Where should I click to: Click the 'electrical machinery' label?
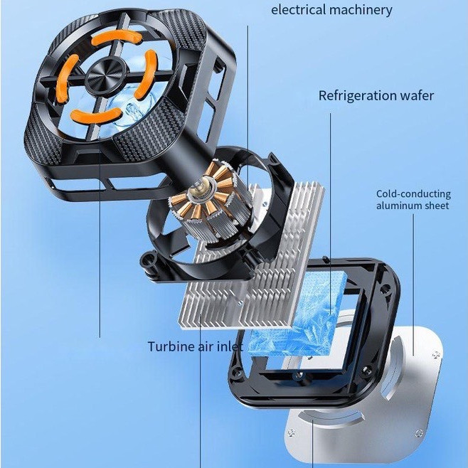tap(331, 10)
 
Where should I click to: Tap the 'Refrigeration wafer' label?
tap(376, 96)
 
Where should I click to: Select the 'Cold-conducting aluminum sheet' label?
tap(413, 200)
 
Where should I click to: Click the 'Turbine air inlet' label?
tap(196, 346)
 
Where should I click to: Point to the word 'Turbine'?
tap(171, 346)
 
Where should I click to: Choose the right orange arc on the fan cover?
tap(147, 74)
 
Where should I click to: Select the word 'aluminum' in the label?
tap(399, 206)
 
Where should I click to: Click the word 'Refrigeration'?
tap(357, 96)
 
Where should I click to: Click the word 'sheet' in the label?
tap(437, 206)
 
